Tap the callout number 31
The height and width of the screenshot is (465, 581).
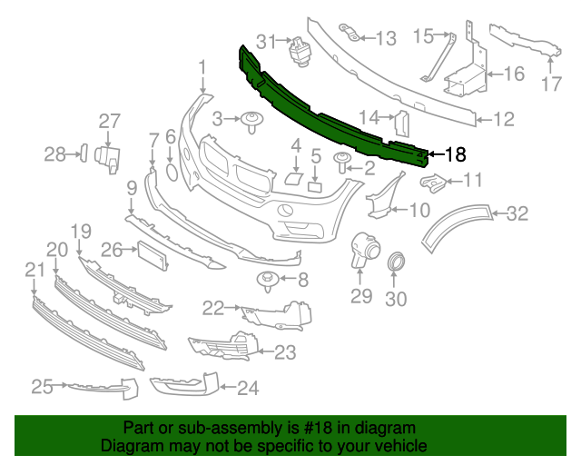[265, 41]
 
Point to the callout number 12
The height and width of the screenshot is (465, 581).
[504, 118]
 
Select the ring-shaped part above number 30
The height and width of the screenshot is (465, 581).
[397, 264]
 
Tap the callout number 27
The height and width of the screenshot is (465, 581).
[109, 122]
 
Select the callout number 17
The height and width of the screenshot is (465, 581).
[552, 85]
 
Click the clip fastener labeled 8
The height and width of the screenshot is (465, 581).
[269, 280]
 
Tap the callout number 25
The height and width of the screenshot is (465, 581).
[43, 388]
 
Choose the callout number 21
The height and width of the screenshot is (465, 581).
[34, 269]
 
